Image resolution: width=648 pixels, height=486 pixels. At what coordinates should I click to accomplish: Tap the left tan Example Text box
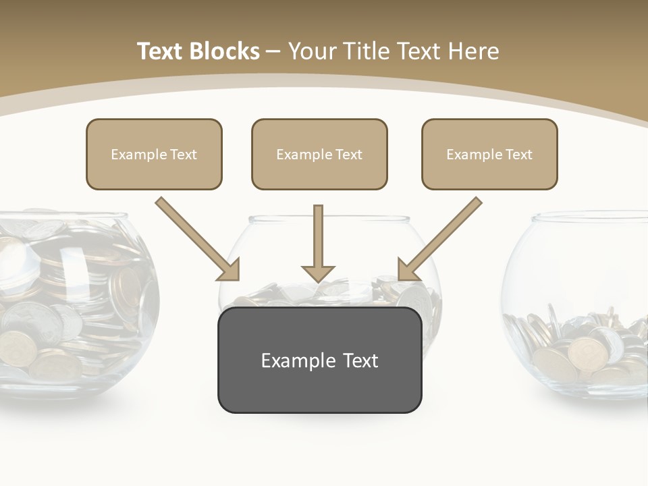(154, 154)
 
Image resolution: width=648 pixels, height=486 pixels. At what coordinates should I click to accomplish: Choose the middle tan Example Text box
(319, 154)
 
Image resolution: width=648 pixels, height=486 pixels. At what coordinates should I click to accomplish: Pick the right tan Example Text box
(489, 154)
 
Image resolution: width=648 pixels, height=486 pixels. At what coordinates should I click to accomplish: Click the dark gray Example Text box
(319, 360)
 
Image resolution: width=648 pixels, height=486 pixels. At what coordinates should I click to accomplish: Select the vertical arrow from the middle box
(318, 236)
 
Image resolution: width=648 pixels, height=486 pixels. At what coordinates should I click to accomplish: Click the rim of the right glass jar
(587, 216)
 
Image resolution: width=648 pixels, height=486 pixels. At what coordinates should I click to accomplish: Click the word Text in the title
(162, 51)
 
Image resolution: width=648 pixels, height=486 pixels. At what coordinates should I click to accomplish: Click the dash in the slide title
(273, 51)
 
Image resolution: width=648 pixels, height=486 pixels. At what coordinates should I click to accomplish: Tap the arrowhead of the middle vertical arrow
(318, 273)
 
